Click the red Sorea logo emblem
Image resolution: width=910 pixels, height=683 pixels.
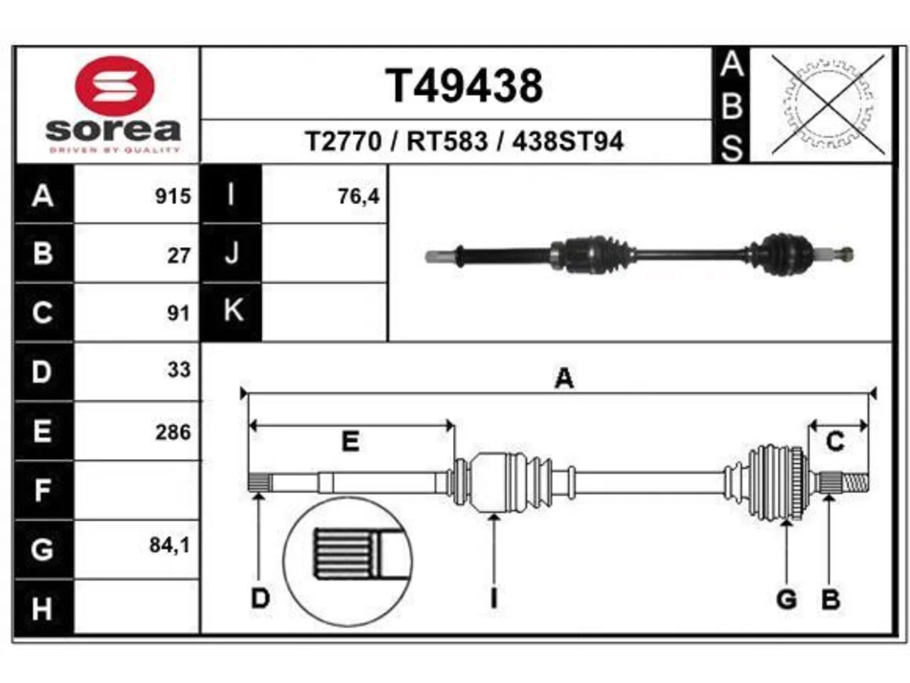[x=115, y=86]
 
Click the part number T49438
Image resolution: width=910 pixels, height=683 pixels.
[x=464, y=86]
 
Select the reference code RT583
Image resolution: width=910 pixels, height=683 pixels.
[x=447, y=142]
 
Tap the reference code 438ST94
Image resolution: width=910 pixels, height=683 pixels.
[x=568, y=142]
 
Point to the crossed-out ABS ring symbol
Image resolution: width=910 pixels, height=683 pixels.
[x=828, y=105]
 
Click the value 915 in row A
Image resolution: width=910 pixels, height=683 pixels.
[x=173, y=196]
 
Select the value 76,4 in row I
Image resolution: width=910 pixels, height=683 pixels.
[x=358, y=196]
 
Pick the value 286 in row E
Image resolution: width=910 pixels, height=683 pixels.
[x=173, y=432]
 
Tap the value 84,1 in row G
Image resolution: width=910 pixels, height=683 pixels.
[x=170, y=545]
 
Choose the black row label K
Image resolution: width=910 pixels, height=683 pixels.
[x=231, y=312]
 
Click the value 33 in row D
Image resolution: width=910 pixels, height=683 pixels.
[x=179, y=369]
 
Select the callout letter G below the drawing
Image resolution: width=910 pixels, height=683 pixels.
[x=786, y=599]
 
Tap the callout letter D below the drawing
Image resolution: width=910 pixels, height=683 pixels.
[x=260, y=599]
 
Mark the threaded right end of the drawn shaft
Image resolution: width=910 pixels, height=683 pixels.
[x=856, y=482]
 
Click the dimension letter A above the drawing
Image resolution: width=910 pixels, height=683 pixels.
[x=564, y=378]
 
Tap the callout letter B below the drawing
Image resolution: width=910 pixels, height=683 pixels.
[x=830, y=599]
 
